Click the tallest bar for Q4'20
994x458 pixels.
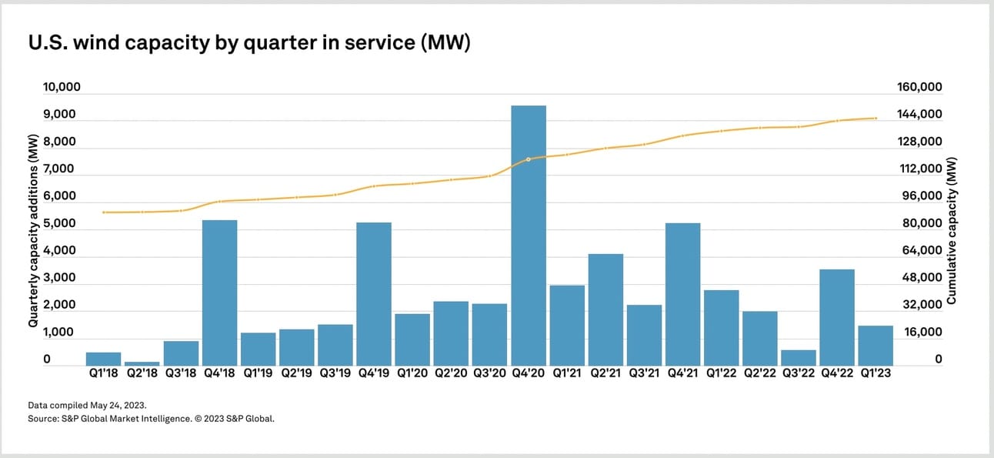pos(529,235)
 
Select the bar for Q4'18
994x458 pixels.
pos(219,293)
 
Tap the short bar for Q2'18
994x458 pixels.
pos(142,363)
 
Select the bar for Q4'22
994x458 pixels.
pos(837,317)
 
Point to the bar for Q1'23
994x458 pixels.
pos(876,346)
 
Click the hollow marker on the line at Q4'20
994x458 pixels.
pos(529,159)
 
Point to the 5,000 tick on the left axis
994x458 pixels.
pos(59,224)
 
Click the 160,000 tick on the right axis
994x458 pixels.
pos(920,87)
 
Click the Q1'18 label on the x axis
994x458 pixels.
pos(103,374)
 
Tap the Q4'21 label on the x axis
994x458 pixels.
pos(683,374)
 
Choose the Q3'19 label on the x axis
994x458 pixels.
pos(335,374)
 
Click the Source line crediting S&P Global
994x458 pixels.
pos(151,419)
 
